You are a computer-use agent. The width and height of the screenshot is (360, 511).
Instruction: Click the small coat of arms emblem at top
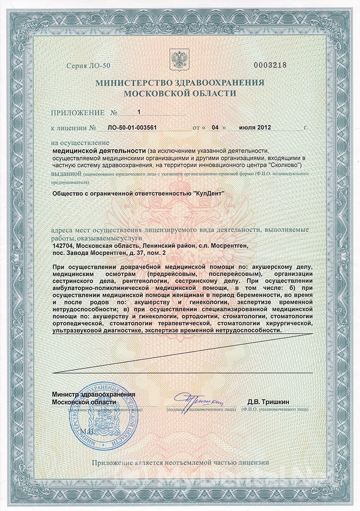click(x=179, y=57)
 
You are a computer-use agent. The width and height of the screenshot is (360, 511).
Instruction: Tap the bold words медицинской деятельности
click(x=99, y=151)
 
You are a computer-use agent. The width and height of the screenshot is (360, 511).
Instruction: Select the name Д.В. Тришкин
click(x=268, y=402)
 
